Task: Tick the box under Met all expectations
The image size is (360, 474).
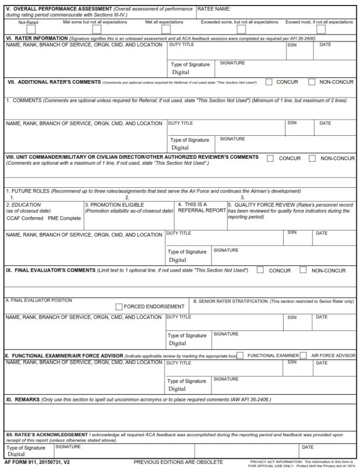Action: (x=166, y=30)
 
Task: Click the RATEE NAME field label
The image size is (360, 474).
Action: (x=214, y=9)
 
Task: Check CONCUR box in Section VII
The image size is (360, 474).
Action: (x=269, y=82)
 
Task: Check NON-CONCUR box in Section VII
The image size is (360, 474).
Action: (x=312, y=82)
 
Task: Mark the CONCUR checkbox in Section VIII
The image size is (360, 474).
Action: (x=270, y=158)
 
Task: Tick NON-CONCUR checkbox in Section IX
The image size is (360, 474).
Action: (x=303, y=270)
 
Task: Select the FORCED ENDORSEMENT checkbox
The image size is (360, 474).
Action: (x=119, y=307)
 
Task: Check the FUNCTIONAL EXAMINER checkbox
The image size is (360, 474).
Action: (x=240, y=355)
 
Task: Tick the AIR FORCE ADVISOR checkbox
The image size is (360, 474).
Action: (x=303, y=355)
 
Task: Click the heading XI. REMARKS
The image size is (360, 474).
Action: (x=22, y=400)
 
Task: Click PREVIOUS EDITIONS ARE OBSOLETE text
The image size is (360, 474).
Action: (x=178, y=462)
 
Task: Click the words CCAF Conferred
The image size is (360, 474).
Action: (x=25, y=218)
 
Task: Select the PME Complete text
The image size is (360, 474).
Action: (x=64, y=218)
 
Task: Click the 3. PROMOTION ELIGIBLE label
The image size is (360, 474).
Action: (x=114, y=205)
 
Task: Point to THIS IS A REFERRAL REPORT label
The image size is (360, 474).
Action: (x=202, y=207)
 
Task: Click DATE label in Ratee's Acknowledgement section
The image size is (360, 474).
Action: (x=307, y=447)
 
